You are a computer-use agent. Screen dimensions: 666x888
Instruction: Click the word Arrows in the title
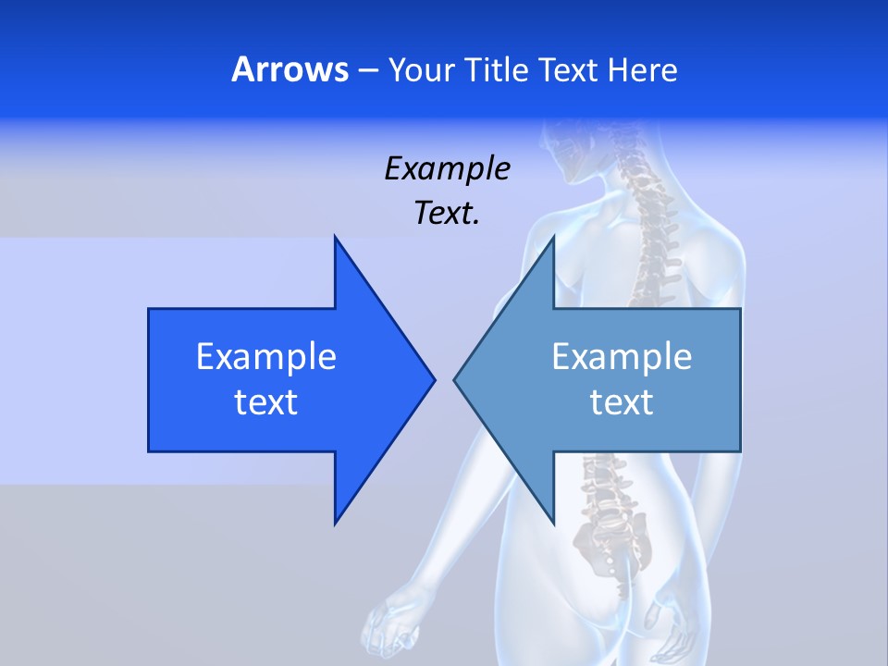coord(290,69)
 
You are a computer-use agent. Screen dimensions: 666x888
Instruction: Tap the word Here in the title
coord(643,69)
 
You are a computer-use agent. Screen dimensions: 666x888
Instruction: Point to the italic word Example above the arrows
coord(447,169)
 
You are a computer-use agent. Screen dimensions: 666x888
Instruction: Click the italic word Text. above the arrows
coord(447,214)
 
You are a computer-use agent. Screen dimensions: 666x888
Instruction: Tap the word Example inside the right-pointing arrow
coord(265,357)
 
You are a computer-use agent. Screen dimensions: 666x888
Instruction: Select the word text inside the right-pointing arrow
coord(265,402)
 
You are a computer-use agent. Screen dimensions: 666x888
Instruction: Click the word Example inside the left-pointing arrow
coord(622,357)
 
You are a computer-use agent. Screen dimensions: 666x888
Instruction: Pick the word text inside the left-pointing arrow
coord(622,402)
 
